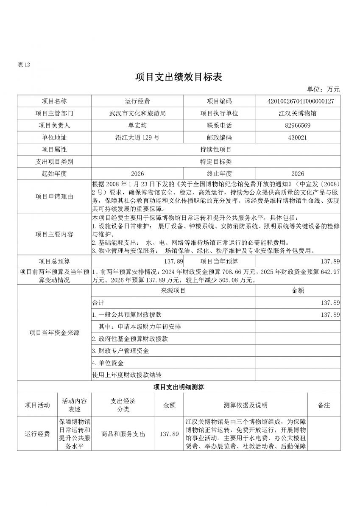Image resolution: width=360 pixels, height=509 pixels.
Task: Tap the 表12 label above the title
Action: pyautogui.click(x=24, y=64)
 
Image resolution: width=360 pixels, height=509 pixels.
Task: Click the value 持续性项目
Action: pyautogui.click(x=215, y=150)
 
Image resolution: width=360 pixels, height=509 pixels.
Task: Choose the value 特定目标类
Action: pyautogui.click(x=215, y=162)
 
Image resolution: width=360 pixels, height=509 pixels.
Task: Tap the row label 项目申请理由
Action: pyautogui.click(x=54, y=196)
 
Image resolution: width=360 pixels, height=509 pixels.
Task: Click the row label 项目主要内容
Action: pyautogui.click(x=54, y=234)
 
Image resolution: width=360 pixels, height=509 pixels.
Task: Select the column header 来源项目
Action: pyautogui.click(x=173, y=291)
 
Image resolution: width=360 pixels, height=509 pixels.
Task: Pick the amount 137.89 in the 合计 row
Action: pyautogui.click(x=330, y=303)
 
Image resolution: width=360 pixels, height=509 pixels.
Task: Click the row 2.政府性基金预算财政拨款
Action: pyautogui.click(x=130, y=339)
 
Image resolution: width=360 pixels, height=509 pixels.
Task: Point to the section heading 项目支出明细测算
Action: pyautogui.click(x=179, y=387)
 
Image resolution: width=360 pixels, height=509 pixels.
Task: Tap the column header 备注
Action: pyautogui.click(x=324, y=405)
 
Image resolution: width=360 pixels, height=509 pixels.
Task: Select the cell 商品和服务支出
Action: pyautogui.click(x=123, y=434)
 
